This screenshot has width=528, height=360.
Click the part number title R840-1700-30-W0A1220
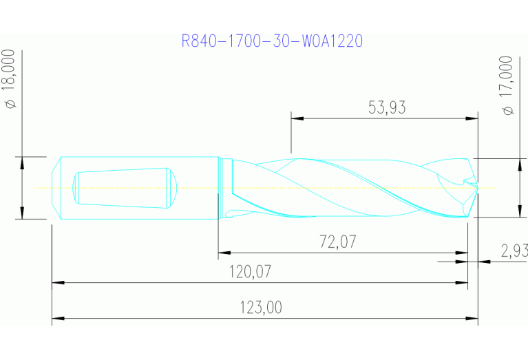[x=272, y=41]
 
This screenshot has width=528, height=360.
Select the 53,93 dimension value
[x=387, y=107]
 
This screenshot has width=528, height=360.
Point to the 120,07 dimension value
[x=250, y=272]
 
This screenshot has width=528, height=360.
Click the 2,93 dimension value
[x=514, y=251]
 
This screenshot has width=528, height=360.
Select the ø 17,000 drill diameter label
[x=507, y=85]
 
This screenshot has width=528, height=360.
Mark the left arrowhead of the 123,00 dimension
[x=58, y=319]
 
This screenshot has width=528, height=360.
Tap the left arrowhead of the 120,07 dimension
[x=58, y=282]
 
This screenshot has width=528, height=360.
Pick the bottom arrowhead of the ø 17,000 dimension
[x=518, y=211]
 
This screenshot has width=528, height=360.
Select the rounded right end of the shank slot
[x=174, y=187]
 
